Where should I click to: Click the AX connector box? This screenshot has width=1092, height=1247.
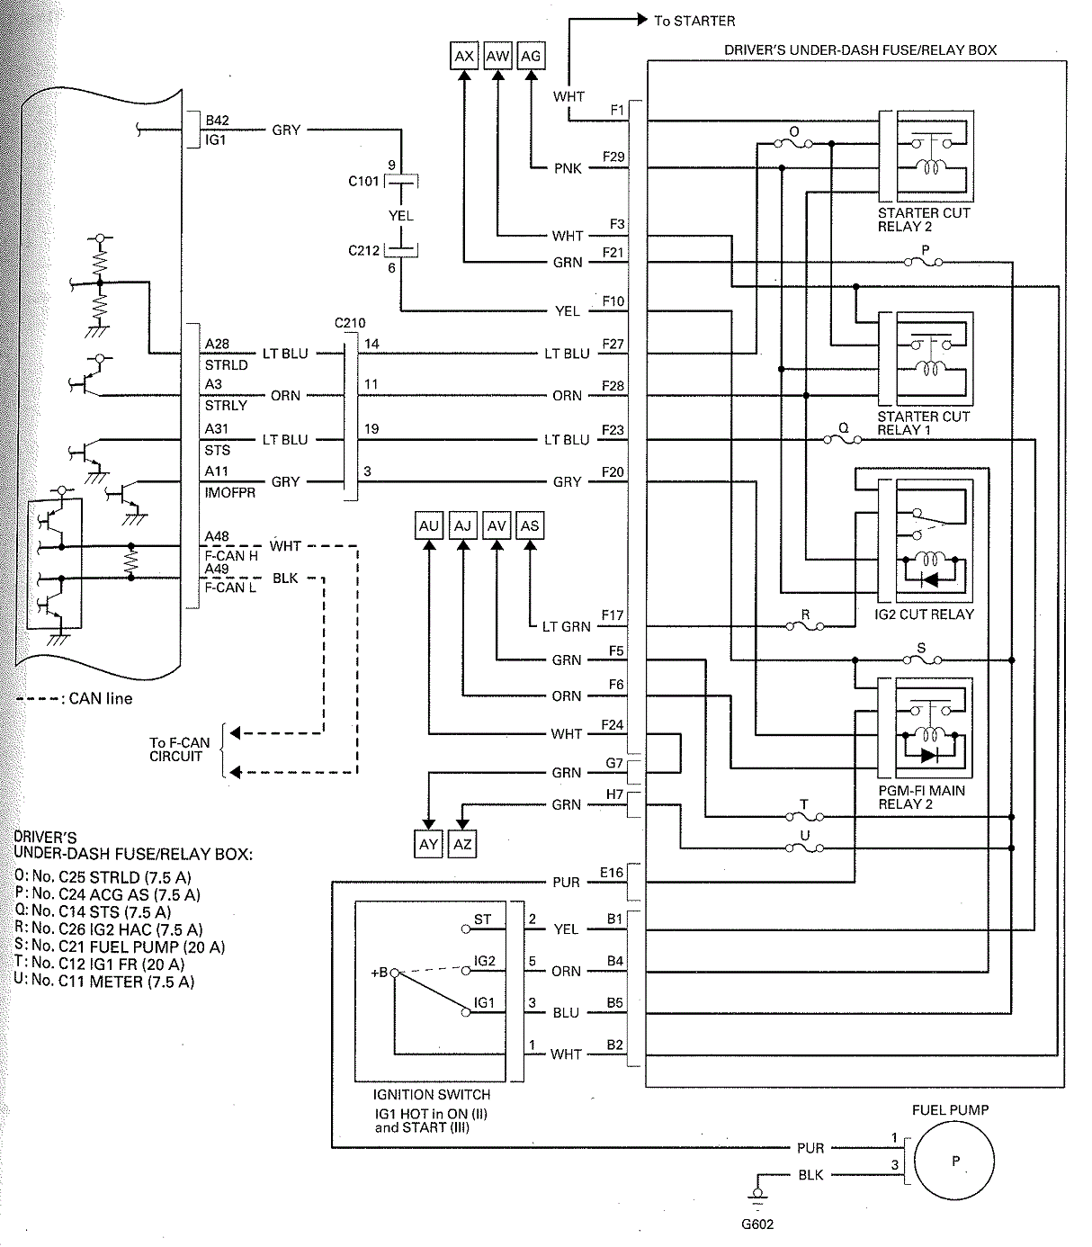[x=464, y=56]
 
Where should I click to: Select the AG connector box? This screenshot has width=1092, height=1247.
[x=531, y=56]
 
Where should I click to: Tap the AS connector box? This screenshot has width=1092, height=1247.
[x=530, y=525]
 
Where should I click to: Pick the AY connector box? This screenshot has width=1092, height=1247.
[x=428, y=844]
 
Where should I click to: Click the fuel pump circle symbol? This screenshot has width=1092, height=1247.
[x=954, y=1161]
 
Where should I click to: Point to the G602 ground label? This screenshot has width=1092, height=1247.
[x=757, y=1224]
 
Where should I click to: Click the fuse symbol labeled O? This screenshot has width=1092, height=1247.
[x=793, y=144]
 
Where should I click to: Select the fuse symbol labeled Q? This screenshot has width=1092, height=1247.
[x=843, y=439]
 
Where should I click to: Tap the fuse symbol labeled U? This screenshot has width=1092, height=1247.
[x=805, y=848]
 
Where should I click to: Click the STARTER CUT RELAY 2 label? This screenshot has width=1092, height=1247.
[x=923, y=220]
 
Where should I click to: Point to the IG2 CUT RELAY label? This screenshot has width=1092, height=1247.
[x=924, y=615]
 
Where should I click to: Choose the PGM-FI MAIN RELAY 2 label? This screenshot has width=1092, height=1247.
[x=921, y=797]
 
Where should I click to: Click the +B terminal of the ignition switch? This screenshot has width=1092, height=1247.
[x=394, y=973]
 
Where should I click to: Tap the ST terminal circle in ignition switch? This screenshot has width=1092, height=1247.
[x=466, y=929]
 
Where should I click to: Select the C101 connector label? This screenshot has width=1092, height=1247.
[x=363, y=181]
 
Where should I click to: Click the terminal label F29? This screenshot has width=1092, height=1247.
[x=613, y=157]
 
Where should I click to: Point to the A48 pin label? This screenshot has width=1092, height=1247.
[x=217, y=536]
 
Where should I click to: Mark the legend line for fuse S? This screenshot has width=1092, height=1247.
[x=120, y=946]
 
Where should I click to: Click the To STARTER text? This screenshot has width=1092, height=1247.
[x=694, y=21]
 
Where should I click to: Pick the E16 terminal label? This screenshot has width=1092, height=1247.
[x=612, y=872]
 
